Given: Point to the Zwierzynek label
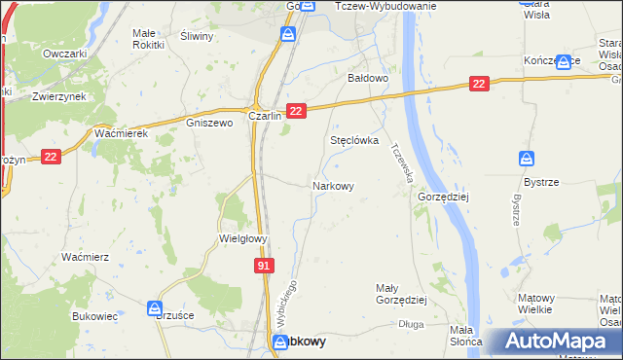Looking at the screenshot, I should (55, 97).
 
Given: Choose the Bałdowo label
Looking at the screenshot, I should (369, 77).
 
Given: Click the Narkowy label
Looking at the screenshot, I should (332, 186).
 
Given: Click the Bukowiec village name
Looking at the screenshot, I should (95, 316).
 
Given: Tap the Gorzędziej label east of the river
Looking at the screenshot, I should (443, 196).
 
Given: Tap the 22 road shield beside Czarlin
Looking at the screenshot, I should (297, 113).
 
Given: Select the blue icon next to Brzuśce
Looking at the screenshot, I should (154, 308).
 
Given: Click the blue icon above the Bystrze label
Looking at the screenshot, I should (527, 159).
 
